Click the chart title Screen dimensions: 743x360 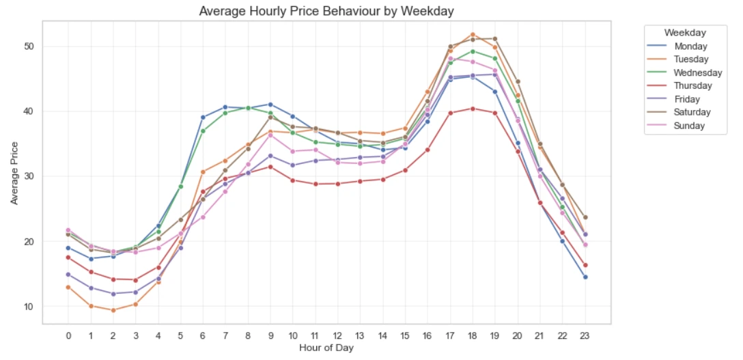coord(326,12)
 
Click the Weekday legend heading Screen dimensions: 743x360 coord(685,33)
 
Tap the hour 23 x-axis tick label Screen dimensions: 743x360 coord(585,336)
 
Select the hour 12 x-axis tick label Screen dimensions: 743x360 coord(337,336)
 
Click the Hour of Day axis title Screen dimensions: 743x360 coord(326,348)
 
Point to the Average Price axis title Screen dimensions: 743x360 coord(14,172)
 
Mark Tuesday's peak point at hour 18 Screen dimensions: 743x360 coord(473,35)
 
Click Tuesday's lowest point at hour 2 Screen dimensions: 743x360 coord(113,310)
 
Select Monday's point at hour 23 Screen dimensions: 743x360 coord(585,277)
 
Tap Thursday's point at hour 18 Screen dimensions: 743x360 coord(473,109)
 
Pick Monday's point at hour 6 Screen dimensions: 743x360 coord(203,117)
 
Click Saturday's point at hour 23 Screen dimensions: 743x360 coord(585,217)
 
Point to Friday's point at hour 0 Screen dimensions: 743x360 coord(68,274)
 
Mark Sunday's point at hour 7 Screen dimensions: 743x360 coord(225,191)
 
